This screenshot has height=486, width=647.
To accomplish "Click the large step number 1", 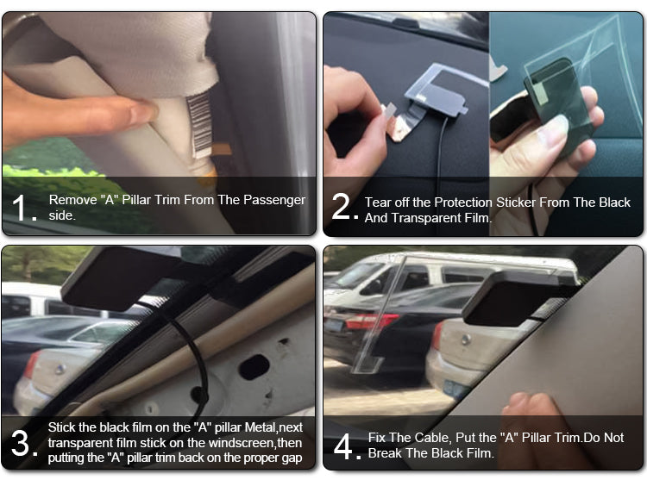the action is [21, 208].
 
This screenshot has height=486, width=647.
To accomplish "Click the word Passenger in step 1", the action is [274, 200].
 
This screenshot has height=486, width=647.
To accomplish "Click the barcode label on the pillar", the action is [199, 124].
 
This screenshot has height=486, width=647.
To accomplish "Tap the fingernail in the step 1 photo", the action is [143, 111].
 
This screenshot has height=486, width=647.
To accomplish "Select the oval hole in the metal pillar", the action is [254, 367].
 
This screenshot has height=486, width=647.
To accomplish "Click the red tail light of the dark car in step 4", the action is [371, 321].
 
